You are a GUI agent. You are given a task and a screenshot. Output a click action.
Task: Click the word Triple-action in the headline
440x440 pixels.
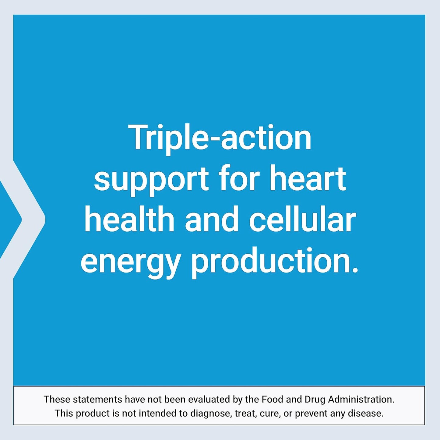pos(220,138)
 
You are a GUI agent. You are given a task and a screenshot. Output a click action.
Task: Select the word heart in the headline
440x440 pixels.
pos(308,178)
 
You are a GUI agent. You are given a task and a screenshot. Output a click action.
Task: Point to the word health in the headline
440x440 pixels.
pos(129,219)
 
